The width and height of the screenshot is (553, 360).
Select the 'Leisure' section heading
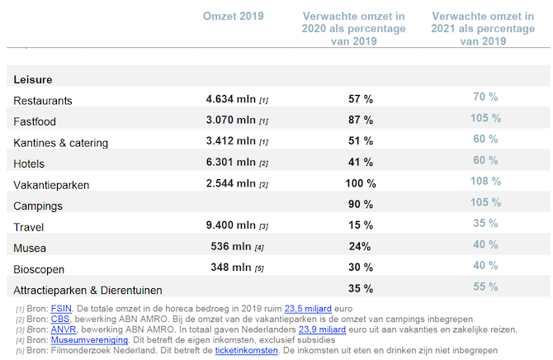[x=33, y=79]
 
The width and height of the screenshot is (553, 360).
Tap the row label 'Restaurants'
[x=43, y=101]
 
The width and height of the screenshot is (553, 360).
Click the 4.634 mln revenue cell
[x=231, y=99]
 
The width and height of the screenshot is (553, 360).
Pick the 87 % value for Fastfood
[x=361, y=121]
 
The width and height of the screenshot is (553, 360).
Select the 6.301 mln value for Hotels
[x=231, y=163]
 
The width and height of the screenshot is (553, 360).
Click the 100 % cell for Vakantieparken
[x=361, y=183]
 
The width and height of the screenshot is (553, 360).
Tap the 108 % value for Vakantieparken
[x=485, y=181]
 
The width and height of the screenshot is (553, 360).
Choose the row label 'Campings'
[x=38, y=205]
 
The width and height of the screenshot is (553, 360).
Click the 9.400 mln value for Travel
[x=231, y=225]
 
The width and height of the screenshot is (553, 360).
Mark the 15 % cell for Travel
[x=361, y=225]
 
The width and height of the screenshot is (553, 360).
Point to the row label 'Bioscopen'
[x=39, y=269]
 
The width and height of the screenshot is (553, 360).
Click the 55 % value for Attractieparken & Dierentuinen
[x=485, y=287]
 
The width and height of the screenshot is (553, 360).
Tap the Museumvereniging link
[x=89, y=339]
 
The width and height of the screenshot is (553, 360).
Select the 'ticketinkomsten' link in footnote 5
[x=244, y=349]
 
